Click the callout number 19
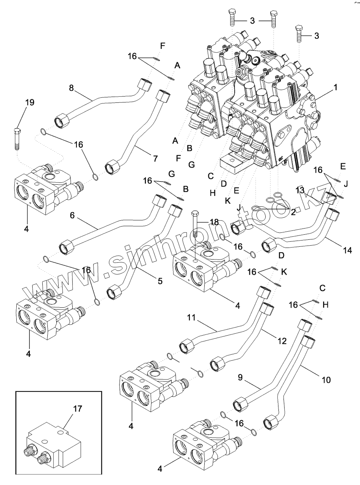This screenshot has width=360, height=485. (x=30, y=102)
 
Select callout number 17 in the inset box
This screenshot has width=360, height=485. (x=78, y=409)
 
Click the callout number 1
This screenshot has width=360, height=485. (x=335, y=88)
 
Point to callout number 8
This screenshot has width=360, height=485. (x=71, y=88)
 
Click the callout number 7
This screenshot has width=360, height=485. (x=155, y=158)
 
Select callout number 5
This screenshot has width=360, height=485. (x=160, y=281)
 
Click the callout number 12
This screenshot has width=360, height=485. (x=282, y=341)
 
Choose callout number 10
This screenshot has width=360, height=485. (x=326, y=380)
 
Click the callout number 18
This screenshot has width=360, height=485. (x=214, y=222)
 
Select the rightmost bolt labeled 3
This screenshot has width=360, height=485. (x=299, y=35)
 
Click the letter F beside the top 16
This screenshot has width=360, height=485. (x=163, y=46)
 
